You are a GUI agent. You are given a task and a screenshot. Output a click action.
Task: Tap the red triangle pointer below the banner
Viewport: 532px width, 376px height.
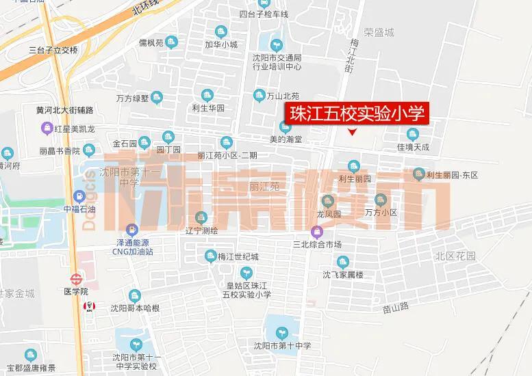click(353, 132)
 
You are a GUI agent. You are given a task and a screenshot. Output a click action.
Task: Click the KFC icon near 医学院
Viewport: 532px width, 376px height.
click(88, 306)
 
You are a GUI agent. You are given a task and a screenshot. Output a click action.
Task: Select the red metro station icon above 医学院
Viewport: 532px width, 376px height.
click(75, 279)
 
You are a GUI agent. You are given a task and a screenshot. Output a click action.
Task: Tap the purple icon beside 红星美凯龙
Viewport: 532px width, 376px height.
click(47, 126)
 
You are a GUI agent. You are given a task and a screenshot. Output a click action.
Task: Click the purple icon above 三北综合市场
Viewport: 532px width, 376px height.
click(316, 232)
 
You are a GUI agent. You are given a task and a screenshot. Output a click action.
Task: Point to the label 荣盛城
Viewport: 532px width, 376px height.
click(379, 31)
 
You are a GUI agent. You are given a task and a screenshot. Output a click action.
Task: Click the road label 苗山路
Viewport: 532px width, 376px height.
click(396, 308)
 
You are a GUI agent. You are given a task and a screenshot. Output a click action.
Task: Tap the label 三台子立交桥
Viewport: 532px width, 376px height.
click(53, 50)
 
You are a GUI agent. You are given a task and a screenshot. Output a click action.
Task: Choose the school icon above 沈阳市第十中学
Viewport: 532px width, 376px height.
click(281, 332)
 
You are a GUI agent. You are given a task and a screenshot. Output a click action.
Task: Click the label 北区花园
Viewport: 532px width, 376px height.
click(455, 256)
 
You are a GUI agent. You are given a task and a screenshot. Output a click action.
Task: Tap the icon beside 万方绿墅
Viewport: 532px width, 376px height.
click(157, 98)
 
